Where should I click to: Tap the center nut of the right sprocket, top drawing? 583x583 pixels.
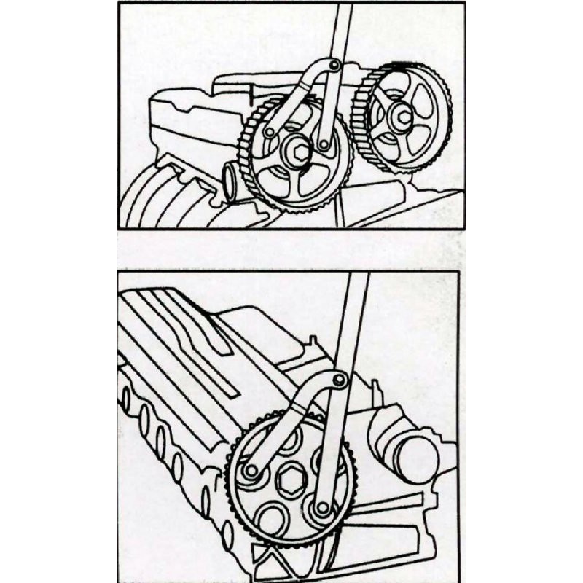coord(400,115)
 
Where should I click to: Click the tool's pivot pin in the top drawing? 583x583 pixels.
coord(334,66)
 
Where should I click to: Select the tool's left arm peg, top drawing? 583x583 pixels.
coord(270,133)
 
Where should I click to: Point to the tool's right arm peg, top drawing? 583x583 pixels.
coord(323,145)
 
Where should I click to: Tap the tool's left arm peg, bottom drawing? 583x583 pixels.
coord(251,471)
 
